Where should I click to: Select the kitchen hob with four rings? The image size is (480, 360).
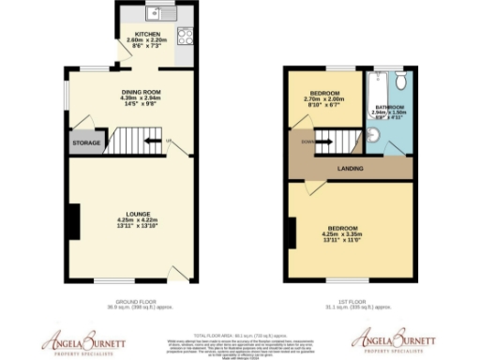(185, 37)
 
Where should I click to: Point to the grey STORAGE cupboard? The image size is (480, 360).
(85, 144)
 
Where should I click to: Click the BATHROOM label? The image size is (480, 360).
(388, 107)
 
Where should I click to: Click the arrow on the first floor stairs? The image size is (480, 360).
(325, 144)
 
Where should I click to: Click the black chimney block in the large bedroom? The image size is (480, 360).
(292, 232)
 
